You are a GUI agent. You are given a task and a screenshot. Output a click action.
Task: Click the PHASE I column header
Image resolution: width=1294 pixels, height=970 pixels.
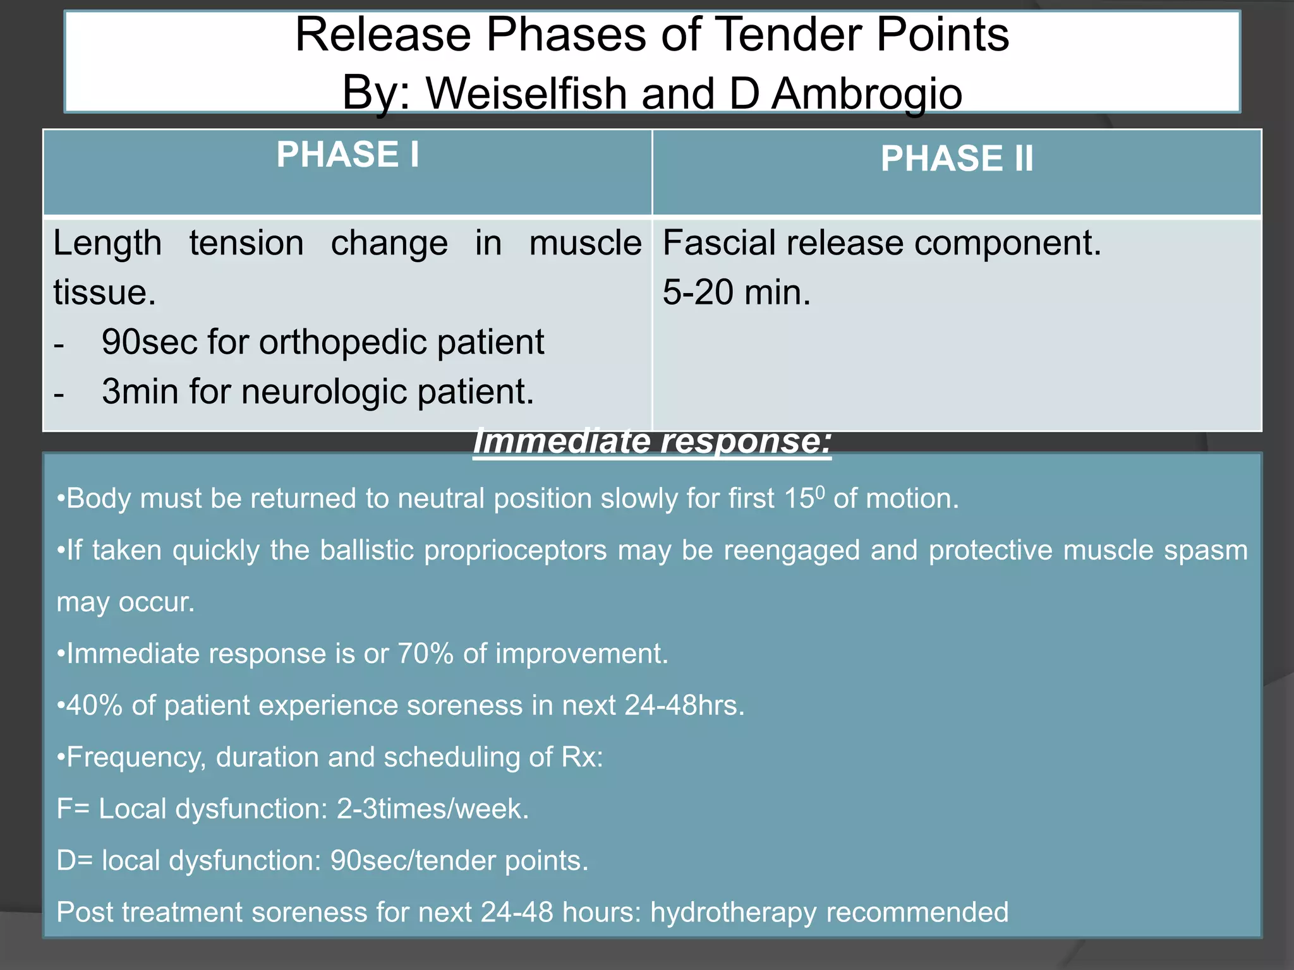(x=348, y=155)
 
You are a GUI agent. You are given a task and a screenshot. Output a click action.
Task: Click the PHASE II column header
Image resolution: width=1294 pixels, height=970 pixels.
(x=957, y=159)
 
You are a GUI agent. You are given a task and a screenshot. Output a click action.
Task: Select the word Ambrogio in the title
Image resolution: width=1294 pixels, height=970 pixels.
(x=867, y=93)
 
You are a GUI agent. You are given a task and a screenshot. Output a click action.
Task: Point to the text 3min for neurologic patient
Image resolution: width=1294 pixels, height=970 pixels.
(x=318, y=392)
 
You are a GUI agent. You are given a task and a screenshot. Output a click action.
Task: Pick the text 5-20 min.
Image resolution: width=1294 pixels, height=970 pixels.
(x=736, y=292)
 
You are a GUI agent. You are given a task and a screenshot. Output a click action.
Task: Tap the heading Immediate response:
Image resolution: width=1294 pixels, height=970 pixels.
(x=651, y=441)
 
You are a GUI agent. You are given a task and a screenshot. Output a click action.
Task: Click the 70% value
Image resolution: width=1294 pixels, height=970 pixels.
(x=425, y=654)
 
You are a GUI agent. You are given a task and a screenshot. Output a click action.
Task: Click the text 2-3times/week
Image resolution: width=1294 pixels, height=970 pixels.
(x=432, y=809)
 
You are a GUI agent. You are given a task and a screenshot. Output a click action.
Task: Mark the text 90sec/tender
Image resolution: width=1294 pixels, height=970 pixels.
(x=412, y=861)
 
